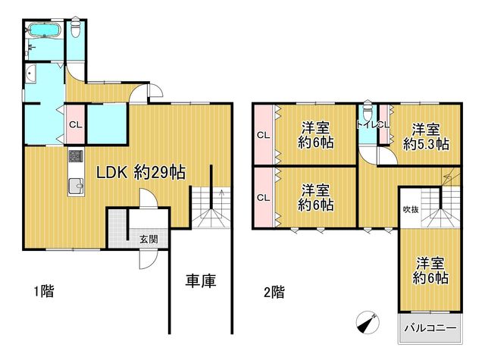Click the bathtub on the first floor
coord(44,30)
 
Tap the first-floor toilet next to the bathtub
coord(76,28)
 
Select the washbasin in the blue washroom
coord(31,74)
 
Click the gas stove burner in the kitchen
coord(76,157)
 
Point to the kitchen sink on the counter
coord(76,185)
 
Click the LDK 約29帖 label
coord(141,173)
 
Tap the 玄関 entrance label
coord(149,239)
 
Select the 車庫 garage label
coord(201,281)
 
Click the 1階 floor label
coord(44,291)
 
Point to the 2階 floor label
coord(274,292)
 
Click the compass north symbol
coord(368,322)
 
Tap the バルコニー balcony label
coord(430,328)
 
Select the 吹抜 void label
coord(411,209)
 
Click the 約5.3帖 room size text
coord(426,144)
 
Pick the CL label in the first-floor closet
coord(76,125)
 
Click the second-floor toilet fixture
coord(368,111)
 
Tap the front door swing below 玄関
coord(149,259)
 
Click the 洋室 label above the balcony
coord(430,264)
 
